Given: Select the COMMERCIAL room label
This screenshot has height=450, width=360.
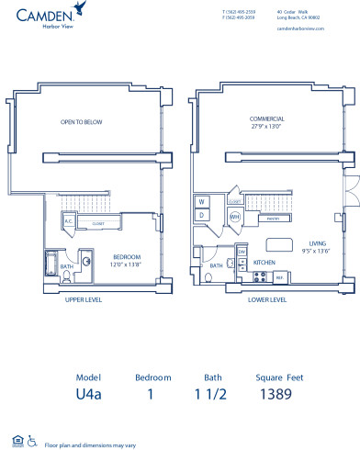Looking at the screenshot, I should click(x=266, y=119).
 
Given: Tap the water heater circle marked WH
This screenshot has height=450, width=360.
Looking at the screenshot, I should click(x=234, y=217).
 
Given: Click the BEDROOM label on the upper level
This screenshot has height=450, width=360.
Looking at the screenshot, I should click(x=125, y=256).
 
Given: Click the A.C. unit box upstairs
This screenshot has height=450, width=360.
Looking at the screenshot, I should click(x=68, y=220).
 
